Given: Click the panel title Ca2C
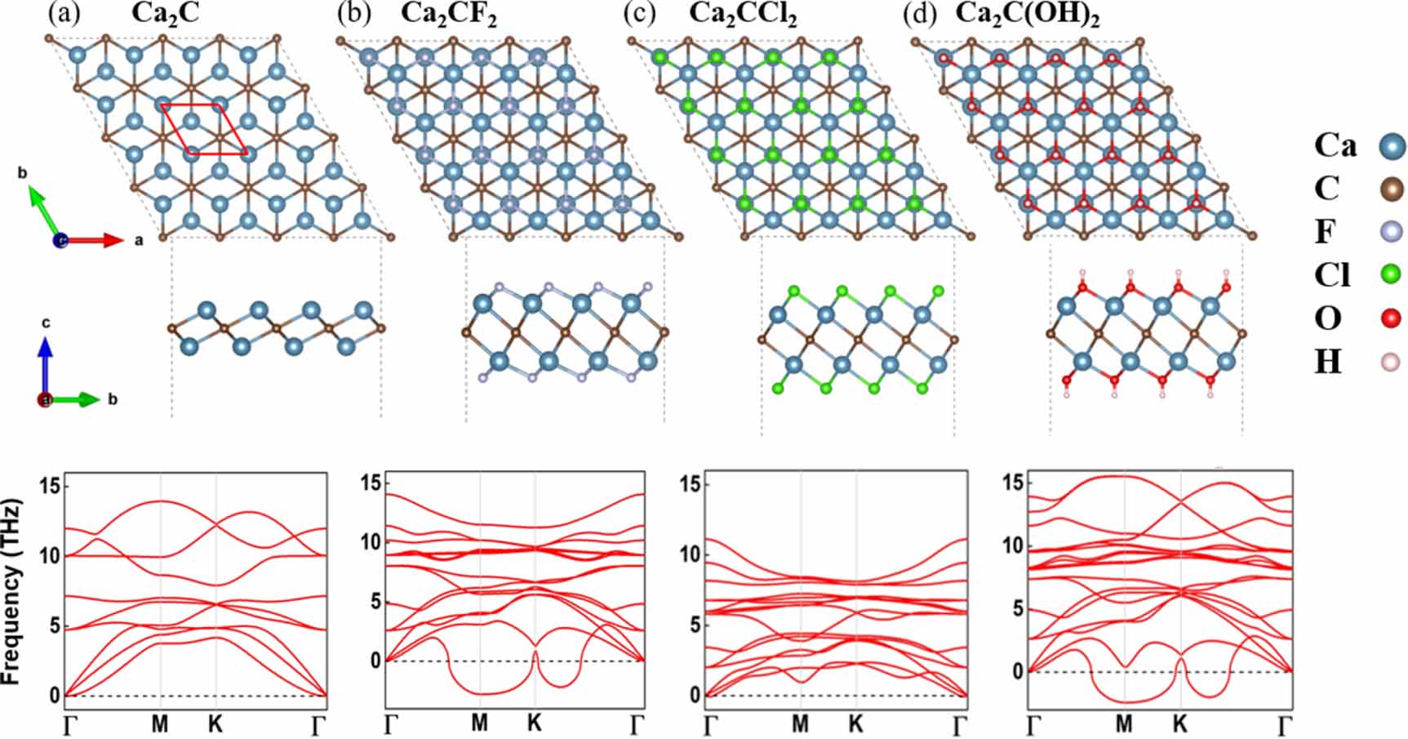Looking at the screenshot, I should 166,15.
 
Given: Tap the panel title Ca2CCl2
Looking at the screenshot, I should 742,15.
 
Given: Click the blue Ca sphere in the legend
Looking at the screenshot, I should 1389,146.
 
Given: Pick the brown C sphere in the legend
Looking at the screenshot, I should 1389,189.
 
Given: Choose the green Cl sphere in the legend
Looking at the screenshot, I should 1389,274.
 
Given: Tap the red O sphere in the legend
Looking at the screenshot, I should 1389,318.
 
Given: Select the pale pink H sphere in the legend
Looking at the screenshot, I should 1389,361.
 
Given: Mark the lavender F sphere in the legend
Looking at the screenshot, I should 1389,232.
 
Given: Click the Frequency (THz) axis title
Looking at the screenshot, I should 12,591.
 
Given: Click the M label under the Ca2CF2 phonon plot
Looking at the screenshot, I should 479,723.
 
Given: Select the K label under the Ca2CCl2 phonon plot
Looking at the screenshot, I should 855,723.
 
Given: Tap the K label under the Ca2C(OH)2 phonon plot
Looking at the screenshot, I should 1179,723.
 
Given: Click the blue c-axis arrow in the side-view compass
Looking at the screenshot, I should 46,359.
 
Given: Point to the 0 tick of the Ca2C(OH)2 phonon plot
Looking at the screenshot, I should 1016,671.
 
